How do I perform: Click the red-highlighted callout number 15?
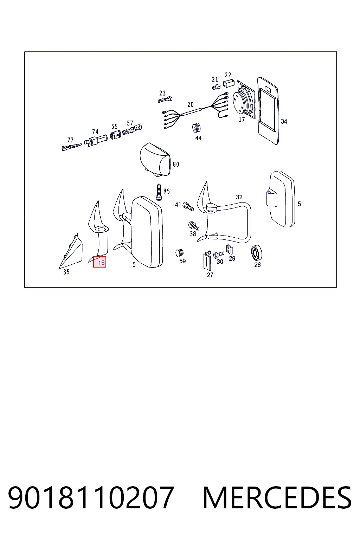(99, 262)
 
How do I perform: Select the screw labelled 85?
(159, 192)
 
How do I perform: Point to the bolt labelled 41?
(188, 206)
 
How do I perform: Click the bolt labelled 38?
(194, 226)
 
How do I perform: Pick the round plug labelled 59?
(179, 253)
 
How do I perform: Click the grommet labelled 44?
(197, 128)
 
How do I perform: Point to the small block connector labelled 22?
(229, 83)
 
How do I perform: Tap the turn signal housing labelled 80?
(155, 160)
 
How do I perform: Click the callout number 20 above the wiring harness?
(191, 104)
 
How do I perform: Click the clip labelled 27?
(207, 261)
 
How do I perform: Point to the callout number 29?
(232, 258)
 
